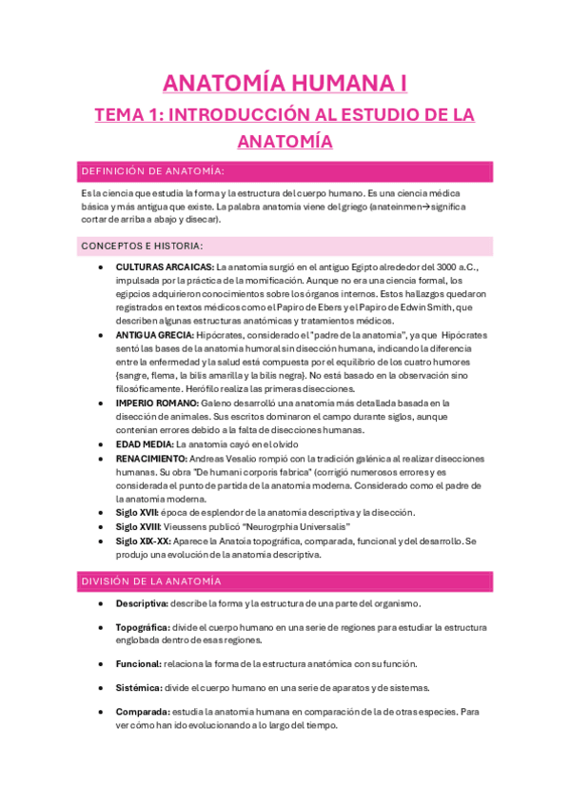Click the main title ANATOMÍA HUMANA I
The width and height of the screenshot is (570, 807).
tap(285, 84)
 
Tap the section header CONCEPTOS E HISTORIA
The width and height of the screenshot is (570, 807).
tap(142, 246)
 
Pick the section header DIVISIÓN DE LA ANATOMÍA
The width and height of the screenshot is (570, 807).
tap(151, 581)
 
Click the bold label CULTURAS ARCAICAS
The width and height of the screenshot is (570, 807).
tap(165, 267)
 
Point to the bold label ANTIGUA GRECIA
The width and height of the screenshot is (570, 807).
tap(155, 335)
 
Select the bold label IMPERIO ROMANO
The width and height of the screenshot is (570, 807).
tap(157, 403)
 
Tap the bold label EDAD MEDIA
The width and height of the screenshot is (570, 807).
tap(145, 444)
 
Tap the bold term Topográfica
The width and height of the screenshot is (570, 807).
tap(144, 627)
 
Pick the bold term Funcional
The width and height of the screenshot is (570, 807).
tap(138, 664)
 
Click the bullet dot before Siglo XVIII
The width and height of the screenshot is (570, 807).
tap(101, 526)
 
